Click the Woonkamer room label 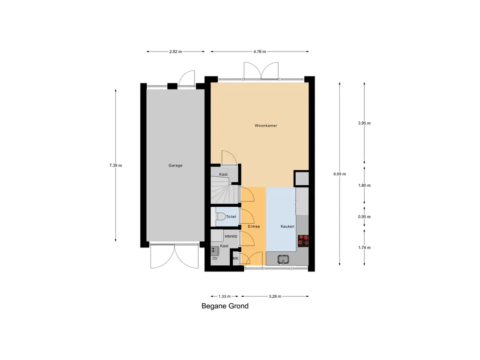(x=266, y=126)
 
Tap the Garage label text (x=175, y=165)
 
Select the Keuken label (x=287, y=226)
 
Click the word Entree (x=254, y=226)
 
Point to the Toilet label (x=231, y=217)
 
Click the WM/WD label (x=231, y=236)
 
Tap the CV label (x=215, y=258)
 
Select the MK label (x=236, y=258)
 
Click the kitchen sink (x=284, y=259)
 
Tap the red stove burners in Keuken (x=304, y=240)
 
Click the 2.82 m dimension (x=176, y=52)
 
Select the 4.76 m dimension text (x=260, y=52)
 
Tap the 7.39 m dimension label (x=115, y=165)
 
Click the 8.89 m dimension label (x=339, y=174)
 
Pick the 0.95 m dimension (x=364, y=217)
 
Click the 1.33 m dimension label (x=225, y=296)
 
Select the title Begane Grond (x=225, y=307)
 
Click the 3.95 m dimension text (x=364, y=123)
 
